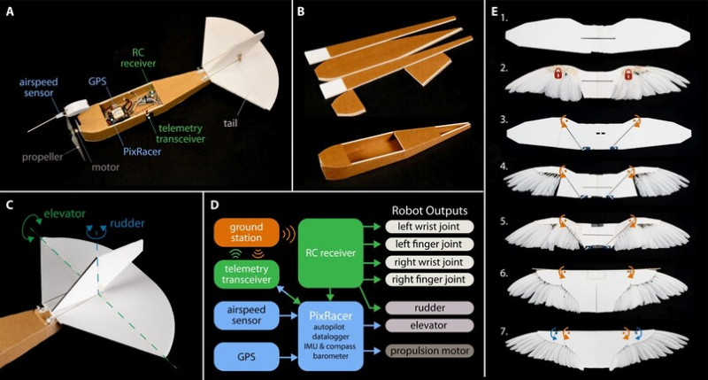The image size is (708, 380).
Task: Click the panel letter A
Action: pyautogui.click(x=11, y=11)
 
